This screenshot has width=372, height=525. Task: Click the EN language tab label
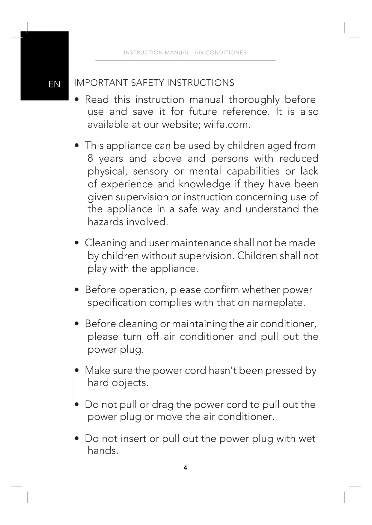54,84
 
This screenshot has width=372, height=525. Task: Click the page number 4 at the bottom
185,468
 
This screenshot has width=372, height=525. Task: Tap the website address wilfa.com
227,125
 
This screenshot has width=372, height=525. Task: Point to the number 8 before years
90,158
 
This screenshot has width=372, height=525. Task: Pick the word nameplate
279,303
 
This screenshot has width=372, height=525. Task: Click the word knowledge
205,184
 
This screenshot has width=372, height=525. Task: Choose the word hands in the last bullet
103,451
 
